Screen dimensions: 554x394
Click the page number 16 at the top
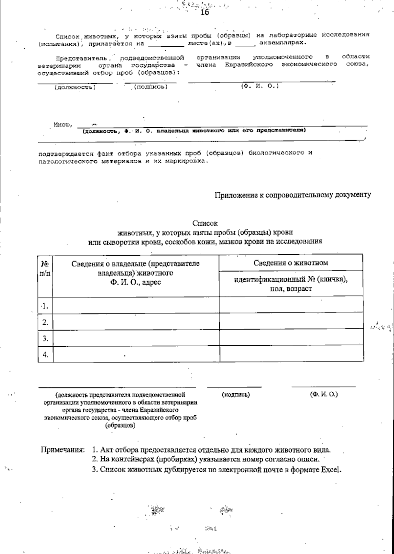point(204,12)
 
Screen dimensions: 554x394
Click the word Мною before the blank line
point(61,125)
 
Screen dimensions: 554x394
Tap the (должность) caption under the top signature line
point(75,87)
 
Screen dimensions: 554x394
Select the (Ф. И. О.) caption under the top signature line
point(260,86)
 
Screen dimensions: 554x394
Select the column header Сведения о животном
point(291,263)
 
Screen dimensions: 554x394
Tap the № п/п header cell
point(45,268)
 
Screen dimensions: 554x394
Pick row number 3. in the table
point(45,338)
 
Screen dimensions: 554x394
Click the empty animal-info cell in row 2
point(291,321)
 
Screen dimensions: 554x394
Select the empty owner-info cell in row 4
point(136,355)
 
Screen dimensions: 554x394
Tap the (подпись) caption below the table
point(236,394)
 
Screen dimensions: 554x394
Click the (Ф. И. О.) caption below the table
point(323,394)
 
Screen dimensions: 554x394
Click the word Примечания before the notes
point(62,450)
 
